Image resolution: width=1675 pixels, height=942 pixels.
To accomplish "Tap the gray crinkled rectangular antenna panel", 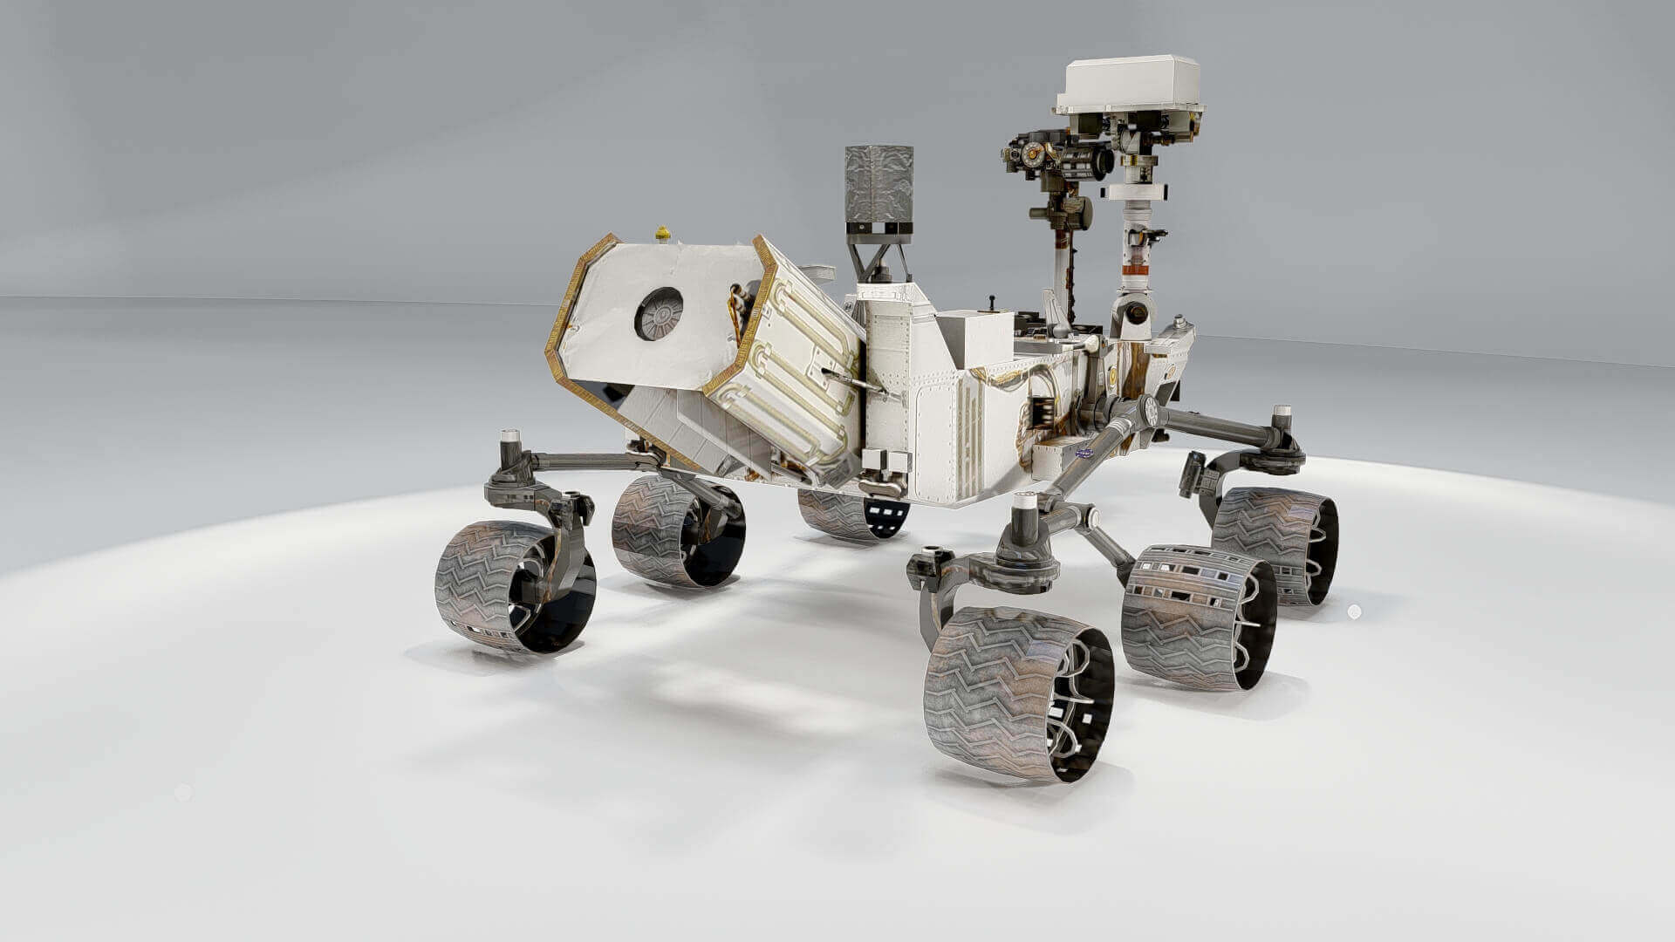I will pos(879,182).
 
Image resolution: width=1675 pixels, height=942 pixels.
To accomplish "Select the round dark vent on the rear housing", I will pos(658,313).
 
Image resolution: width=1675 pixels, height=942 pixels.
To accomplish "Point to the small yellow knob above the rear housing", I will pos(662,233).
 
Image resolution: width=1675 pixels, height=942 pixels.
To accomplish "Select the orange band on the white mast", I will pos(1134,270).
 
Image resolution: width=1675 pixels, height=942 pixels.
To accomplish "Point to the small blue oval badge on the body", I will pos(1084,452).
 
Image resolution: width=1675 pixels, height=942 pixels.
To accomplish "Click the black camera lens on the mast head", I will pos(1101,162).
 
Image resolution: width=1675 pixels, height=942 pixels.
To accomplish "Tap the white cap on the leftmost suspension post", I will pos(509,434).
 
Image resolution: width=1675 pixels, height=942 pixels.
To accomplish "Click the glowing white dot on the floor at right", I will pos(1354,611).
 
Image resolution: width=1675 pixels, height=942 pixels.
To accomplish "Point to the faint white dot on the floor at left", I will pos(182,792).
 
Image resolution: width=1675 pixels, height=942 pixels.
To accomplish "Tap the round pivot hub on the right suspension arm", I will pos(1150,410).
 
